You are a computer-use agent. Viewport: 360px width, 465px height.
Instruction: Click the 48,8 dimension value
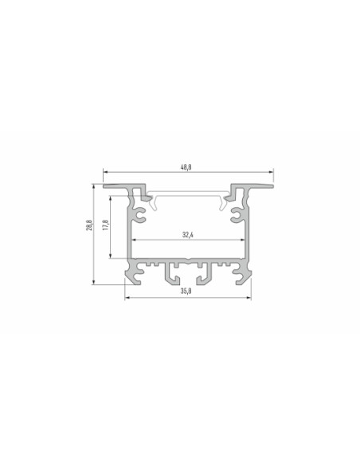[186, 167]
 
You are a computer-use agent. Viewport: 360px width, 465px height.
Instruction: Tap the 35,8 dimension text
[186, 291]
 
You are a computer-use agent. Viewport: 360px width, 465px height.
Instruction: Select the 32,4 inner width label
[188, 235]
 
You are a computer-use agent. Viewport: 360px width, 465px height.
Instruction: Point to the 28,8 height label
[89, 225]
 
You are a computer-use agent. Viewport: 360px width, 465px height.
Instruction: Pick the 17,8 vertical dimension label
[106, 225]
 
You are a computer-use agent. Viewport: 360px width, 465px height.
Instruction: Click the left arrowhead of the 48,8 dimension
[105, 172]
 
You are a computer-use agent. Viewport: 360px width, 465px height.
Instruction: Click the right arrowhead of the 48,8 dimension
[271, 172]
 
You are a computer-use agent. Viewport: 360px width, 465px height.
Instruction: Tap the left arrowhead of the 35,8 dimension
[127, 298]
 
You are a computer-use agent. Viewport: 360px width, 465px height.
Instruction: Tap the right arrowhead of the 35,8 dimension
[248, 298]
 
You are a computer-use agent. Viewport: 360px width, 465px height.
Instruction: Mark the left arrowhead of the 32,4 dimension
[134, 240]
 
